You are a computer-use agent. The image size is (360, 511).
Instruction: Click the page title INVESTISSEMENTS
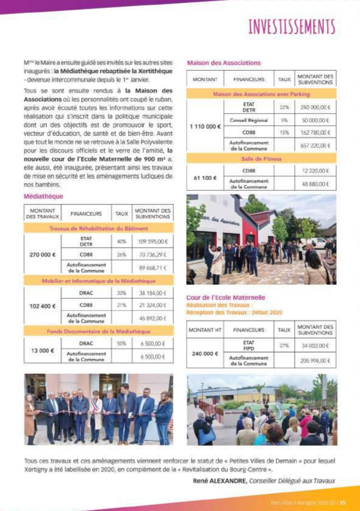coord(292,27)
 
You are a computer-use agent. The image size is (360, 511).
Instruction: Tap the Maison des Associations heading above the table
coord(223,63)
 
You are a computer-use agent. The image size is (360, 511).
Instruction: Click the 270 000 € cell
coord(43,254)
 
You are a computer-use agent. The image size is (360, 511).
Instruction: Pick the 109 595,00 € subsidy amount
coord(152,242)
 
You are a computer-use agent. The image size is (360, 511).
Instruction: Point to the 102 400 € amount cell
coord(43,305)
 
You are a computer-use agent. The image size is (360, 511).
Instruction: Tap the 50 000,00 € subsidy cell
coord(315,121)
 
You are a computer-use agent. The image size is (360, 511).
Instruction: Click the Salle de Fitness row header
coord(261,159)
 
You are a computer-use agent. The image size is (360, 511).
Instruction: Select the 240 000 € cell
coord(205,353)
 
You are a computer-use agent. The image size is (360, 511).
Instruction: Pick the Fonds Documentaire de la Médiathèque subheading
coord(98,331)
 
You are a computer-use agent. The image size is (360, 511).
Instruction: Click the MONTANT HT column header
coord(205,329)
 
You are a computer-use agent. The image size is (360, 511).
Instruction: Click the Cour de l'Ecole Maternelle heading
coord(217,296)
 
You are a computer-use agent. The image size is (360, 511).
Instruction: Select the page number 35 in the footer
coord(343,502)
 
